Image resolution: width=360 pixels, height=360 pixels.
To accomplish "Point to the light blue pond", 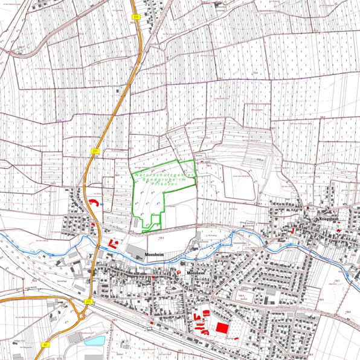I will [x=94, y=341].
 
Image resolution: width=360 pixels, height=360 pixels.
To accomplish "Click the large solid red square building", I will [x=222, y=327].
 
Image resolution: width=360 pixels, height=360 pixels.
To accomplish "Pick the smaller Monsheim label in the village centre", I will [x=197, y=274].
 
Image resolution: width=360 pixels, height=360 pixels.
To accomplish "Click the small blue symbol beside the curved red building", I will [x=101, y=204].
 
